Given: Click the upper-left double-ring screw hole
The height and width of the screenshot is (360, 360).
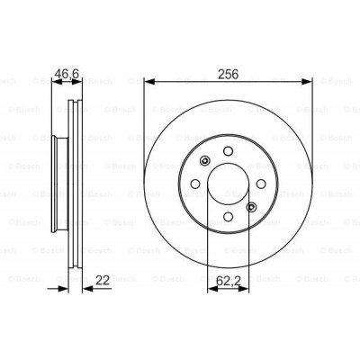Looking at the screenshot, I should pos(205,162).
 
